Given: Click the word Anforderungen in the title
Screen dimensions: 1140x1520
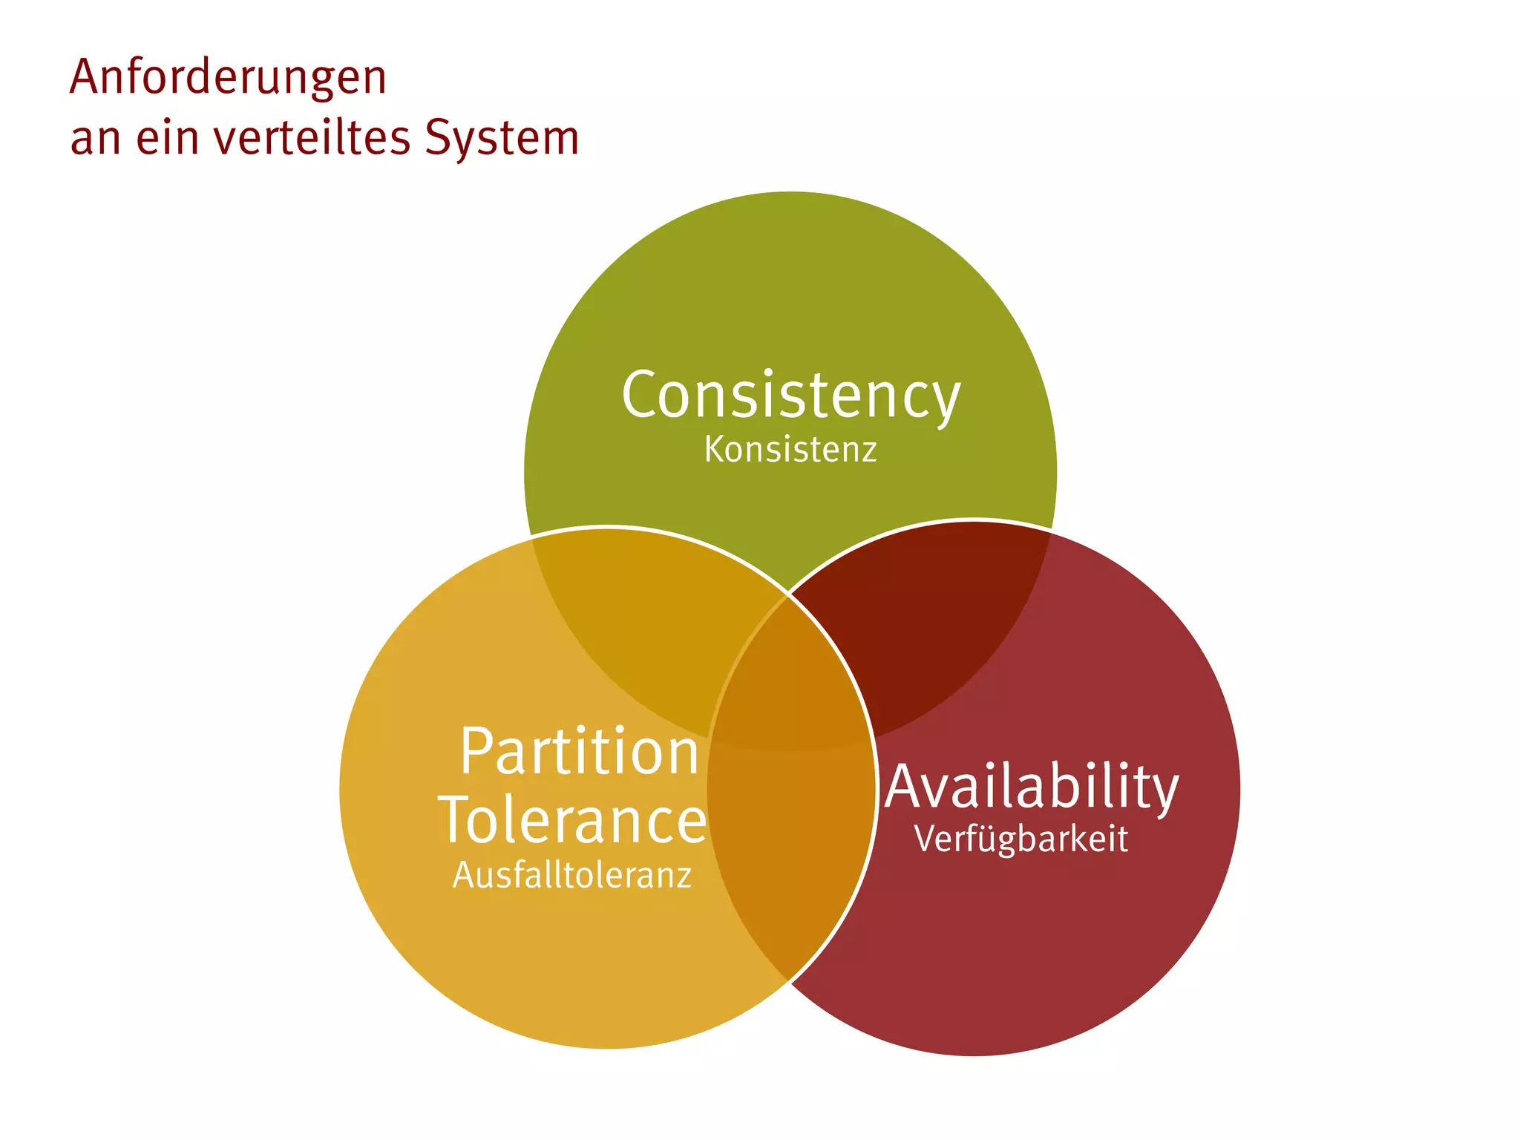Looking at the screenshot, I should coord(228,77).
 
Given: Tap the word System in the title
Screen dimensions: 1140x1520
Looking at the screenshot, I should coord(502,139).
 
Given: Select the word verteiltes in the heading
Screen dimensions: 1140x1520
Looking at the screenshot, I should coord(312,138).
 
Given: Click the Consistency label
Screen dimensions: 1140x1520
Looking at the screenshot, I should coord(790,396).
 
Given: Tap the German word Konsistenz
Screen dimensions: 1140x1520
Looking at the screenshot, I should coord(790,450).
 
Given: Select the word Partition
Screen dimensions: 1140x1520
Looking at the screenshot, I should coord(579,752).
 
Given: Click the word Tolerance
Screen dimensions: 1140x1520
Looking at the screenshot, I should coord(572,820).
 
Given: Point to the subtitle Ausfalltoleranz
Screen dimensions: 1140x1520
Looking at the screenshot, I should coord(572,875).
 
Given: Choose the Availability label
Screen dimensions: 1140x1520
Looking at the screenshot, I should coord(1032,787).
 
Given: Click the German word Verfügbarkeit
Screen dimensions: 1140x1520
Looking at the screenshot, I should coord(1021,839).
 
